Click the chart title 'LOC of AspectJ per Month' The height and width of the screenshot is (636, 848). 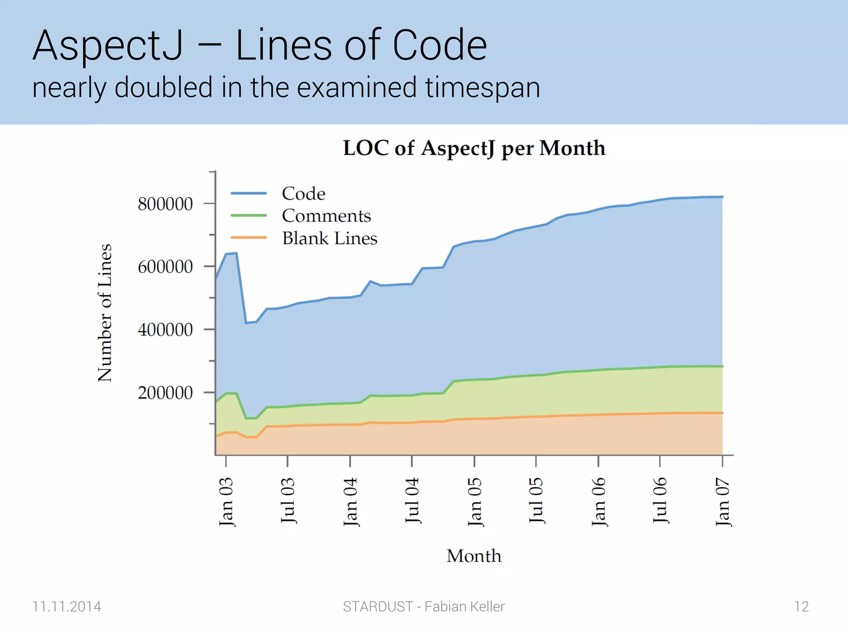pyautogui.click(x=474, y=148)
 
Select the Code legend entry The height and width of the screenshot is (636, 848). pyautogui.click(x=303, y=193)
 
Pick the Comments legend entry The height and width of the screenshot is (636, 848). pyautogui.click(x=326, y=216)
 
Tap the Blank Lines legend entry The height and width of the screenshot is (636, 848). pyautogui.click(x=330, y=238)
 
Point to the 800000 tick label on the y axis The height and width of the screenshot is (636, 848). pyautogui.click(x=165, y=204)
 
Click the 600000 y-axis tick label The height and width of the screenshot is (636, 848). pyautogui.click(x=165, y=267)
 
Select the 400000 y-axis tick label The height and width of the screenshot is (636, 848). pyautogui.click(x=165, y=330)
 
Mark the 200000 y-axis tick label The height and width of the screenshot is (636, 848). pyautogui.click(x=165, y=393)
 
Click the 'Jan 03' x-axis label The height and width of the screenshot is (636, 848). pyautogui.click(x=226, y=501)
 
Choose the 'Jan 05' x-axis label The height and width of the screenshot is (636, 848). pyautogui.click(x=475, y=501)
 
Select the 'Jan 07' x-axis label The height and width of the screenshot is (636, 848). pyautogui.click(x=723, y=501)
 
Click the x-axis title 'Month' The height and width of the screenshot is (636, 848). pyautogui.click(x=474, y=556)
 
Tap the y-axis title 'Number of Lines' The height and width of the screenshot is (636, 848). pyautogui.click(x=105, y=313)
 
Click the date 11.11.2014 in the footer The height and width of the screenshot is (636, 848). pyautogui.click(x=67, y=607)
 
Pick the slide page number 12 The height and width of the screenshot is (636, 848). pyautogui.click(x=801, y=607)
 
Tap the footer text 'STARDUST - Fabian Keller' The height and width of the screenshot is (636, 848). pyautogui.click(x=424, y=607)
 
